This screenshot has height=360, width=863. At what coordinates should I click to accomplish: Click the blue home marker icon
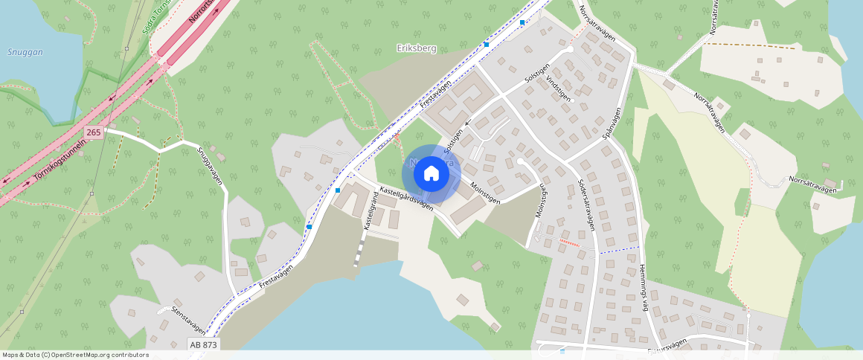(x=431, y=174)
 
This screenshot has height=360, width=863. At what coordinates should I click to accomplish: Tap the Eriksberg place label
(x=416, y=48)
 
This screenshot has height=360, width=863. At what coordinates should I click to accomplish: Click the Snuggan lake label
(x=25, y=52)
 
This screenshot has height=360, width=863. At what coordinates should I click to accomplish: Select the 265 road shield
(x=93, y=132)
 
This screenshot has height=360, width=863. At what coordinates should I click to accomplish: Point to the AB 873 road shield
(x=203, y=345)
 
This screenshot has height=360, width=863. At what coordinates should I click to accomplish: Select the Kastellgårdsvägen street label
(x=406, y=198)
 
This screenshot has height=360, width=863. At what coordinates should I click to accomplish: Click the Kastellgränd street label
(x=367, y=212)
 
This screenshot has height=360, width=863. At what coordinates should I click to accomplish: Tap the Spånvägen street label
(x=611, y=123)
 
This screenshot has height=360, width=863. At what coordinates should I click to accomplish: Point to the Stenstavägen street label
(x=187, y=320)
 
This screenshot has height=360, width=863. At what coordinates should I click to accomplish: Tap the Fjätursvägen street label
(x=666, y=344)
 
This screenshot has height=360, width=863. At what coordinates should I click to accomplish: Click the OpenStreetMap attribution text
(x=75, y=355)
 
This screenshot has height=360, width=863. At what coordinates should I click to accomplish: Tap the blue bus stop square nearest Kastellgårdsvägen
(x=338, y=190)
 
